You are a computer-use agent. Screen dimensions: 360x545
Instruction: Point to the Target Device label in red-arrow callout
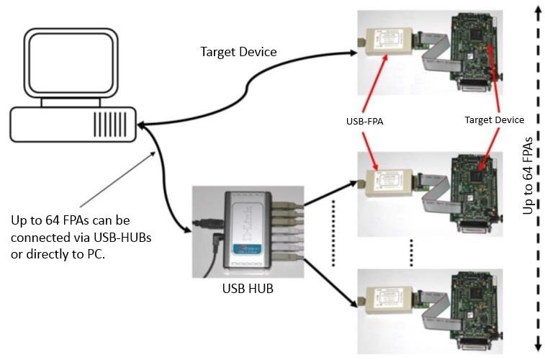point(494,120)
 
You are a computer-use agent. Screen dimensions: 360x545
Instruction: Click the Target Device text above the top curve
point(238,52)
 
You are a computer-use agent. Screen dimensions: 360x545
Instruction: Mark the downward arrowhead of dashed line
point(537,348)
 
